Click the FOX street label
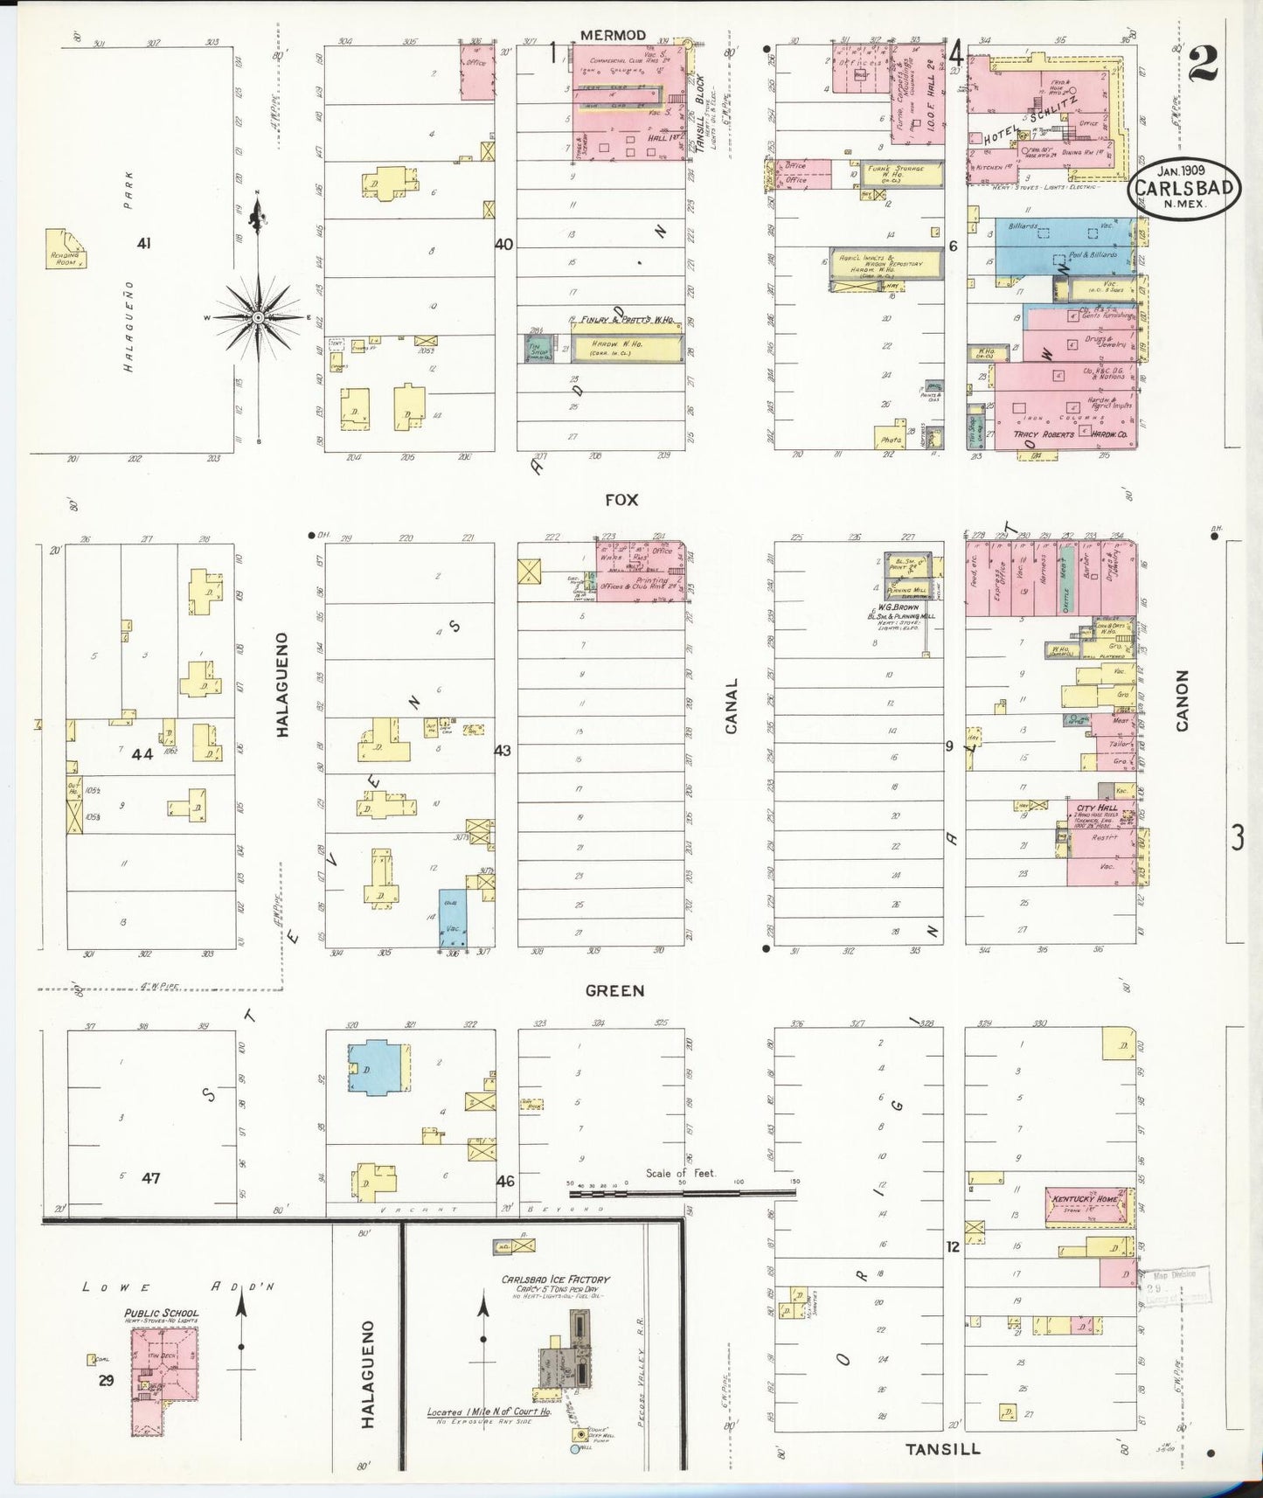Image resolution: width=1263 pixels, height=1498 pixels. tap(621, 500)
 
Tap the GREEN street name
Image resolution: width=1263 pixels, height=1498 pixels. tap(615, 990)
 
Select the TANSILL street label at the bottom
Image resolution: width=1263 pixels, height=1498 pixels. tap(942, 1449)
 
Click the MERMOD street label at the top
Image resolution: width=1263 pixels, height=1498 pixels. tap(613, 35)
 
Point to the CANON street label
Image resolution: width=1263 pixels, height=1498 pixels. tap(1183, 700)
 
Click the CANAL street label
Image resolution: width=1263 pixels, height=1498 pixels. tap(732, 705)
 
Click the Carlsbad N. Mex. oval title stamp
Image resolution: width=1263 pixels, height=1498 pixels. tap(1184, 187)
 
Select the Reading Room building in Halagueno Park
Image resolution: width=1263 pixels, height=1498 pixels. tap(66, 249)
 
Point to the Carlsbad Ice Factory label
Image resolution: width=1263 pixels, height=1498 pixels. tap(555, 1280)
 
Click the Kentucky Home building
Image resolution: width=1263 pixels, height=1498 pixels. tap(1086, 1204)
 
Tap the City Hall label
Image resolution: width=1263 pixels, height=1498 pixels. tap(1097, 808)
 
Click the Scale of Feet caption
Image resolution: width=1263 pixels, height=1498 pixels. tap(681, 1173)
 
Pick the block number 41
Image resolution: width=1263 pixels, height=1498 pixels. tap(144, 243)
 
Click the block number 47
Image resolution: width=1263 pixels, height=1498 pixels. tap(151, 1177)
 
